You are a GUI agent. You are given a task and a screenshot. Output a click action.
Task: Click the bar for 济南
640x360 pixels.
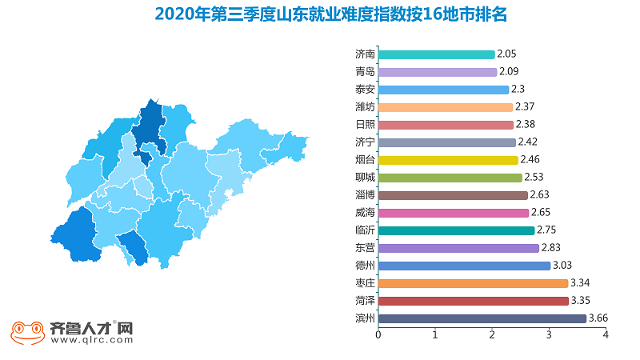click(x=436, y=54)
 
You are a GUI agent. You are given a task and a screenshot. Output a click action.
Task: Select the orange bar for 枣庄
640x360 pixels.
click(x=473, y=283)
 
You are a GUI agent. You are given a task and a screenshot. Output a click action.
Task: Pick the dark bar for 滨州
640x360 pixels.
click(x=482, y=318)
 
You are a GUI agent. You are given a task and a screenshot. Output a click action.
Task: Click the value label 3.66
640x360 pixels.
click(x=598, y=318)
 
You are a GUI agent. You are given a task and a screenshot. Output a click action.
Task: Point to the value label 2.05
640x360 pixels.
click(x=507, y=54)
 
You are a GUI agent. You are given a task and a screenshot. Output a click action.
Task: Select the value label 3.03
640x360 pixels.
click(x=562, y=266)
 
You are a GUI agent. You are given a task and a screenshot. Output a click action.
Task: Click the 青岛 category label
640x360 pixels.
click(x=365, y=72)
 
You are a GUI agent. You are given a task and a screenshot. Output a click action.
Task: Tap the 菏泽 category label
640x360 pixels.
click(x=365, y=301)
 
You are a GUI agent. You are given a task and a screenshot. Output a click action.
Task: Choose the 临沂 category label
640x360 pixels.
click(x=365, y=230)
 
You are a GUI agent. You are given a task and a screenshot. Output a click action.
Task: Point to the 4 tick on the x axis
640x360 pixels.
click(x=606, y=334)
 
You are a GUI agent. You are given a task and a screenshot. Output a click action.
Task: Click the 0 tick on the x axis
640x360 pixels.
click(x=378, y=334)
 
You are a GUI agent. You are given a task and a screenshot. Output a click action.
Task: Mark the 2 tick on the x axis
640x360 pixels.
click(x=492, y=334)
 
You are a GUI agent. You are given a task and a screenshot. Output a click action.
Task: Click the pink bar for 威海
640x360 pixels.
click(x=454, y=213)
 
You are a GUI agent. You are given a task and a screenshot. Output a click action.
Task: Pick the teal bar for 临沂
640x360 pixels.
click(x=456, y=230)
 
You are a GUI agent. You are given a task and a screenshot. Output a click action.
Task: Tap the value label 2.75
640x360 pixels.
click(x=547, y=230)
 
